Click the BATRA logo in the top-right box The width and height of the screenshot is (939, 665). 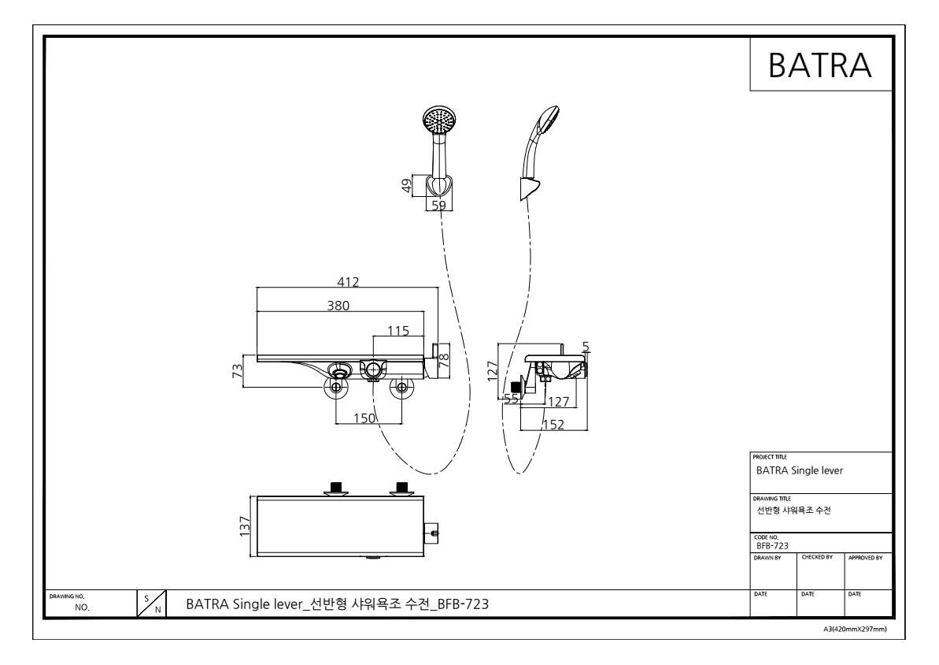click(x=819, y=65)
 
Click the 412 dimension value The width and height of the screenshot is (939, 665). click(x=348, y=282)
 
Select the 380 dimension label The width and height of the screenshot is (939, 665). click(x=338, y=306)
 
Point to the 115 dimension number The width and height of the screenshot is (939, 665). click(x=398, y=331)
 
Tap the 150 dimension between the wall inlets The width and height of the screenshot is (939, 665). click(x=364, y=418)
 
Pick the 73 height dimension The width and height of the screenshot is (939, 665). click(x=238, y=371)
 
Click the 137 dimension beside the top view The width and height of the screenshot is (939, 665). click(x=245, y=526)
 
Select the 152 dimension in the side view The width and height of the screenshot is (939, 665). click(x=553, y=425)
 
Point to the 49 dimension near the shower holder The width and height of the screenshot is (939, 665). click(x=407, y=186)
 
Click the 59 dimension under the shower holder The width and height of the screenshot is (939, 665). click(x=439, y=205)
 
